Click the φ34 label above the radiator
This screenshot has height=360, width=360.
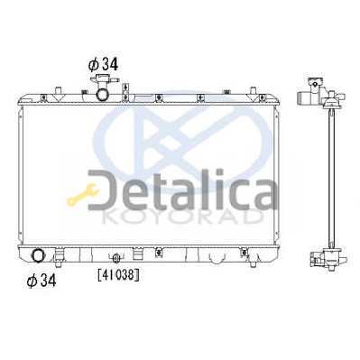[x=103, y=64]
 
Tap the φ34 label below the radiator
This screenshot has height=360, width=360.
[x=42, y=281]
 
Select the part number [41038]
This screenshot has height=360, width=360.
[x=118, y=274]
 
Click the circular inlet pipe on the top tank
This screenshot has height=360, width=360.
[x=102, y=94]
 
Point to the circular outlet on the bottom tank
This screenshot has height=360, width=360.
[x=38, y=256]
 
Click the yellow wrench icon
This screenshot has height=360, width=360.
[x=83, y=195]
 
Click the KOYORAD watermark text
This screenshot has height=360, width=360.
[x=181, y=217]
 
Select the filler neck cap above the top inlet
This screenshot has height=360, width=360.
[x=104, y=79]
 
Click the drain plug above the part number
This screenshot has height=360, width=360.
[x=116, y=257]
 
